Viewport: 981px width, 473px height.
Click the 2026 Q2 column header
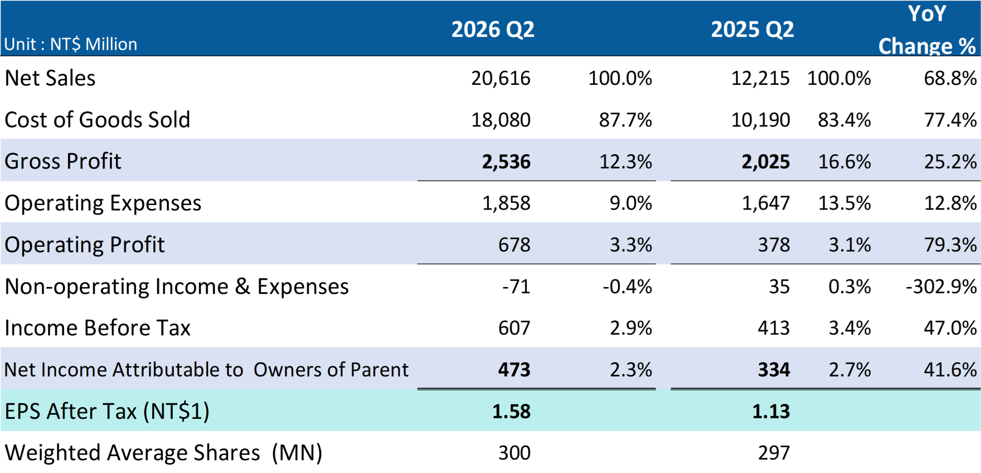[493, 30]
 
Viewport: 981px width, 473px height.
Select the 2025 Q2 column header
[752, 30]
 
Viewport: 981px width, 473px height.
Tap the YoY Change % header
[927, 30]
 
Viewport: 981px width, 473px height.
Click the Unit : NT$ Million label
[71, 44]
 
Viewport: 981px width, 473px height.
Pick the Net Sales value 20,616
[501, 78]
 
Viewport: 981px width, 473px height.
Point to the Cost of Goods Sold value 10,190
[760, 120]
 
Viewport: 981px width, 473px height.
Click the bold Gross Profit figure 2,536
[506, 162]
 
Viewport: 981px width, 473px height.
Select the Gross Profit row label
[63, 161]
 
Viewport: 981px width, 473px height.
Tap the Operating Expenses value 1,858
[506, 203]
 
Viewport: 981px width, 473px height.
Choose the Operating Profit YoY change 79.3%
[950, 245]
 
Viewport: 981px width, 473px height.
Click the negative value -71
[516, 287]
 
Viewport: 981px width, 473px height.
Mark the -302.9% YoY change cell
[941, 287]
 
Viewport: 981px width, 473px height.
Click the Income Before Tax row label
[98, 328]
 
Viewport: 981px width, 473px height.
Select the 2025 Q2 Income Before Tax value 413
[774, 328]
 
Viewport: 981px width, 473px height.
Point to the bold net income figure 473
[515, 370]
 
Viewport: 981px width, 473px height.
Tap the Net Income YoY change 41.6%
[950, 370]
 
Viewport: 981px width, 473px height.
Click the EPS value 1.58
[511, 412]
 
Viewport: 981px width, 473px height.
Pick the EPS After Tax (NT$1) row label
[107, 412]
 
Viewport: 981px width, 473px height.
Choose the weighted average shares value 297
[774, 453]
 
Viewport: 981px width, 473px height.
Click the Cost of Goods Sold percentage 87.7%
[625, 120]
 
